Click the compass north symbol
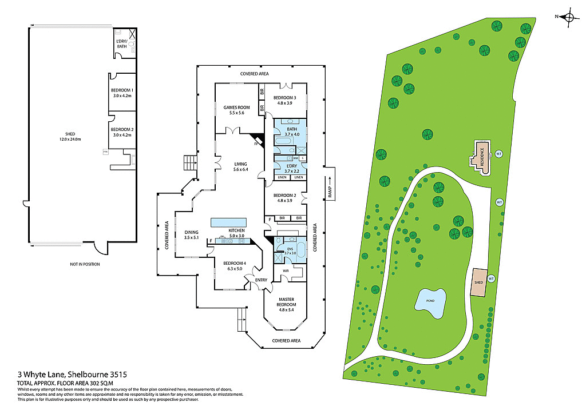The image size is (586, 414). [x=569, y=17]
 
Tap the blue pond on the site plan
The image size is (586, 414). [x=430, y=304]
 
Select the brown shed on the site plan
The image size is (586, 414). [x=478, y=282]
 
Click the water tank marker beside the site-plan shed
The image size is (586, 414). [x=491, y=278]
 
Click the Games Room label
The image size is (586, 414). [x=237, y=110]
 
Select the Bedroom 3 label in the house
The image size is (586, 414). [x=284, y=100]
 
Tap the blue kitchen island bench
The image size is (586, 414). [x=229, y=222]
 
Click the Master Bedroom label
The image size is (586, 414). [x=286, y=302]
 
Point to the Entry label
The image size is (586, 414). [x=261, y=280]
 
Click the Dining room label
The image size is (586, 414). [x=191, y=234]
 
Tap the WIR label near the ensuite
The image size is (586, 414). [x=285, y=270]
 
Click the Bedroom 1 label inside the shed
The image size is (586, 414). [x=122, y=93]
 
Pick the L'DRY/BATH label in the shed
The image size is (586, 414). [x=121, y=44]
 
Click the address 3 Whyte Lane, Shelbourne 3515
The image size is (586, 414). [x=64, y=374]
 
